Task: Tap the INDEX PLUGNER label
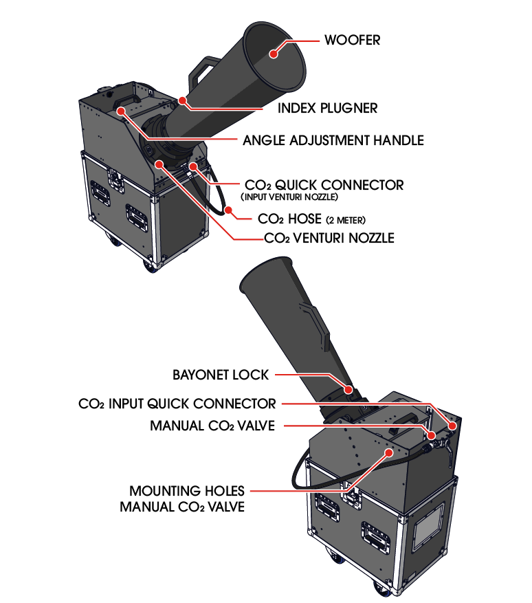click(x=327, y=109)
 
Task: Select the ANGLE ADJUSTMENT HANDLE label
click(x=333, y=140)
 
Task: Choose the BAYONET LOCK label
click(x=221, y=375)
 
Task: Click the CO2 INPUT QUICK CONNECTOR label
click(x=177, y=404)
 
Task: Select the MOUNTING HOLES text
click(x=187, y=491)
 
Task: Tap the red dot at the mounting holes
click(x=390, y=453)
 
